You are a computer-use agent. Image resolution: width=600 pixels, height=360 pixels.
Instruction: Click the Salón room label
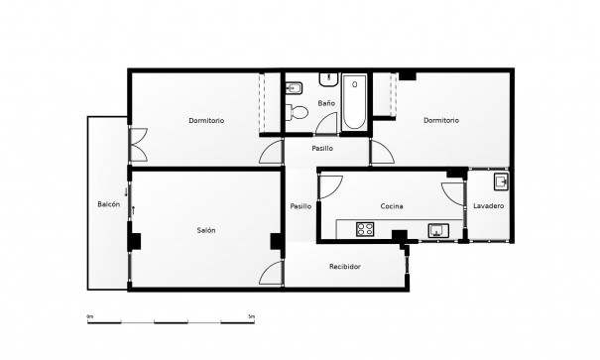(206, 231)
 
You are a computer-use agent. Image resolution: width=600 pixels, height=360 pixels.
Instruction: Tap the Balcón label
(109, 204)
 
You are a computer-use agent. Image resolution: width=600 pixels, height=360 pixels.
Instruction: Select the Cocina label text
(392, 206)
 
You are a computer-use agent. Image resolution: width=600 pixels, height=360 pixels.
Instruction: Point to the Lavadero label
(488, 205)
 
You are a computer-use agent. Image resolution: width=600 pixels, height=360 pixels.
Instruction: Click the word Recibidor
(345, 268)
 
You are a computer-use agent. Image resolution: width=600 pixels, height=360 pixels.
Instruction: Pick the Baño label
(326, 103)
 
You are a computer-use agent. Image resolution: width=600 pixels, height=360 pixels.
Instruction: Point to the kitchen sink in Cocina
(437, 230)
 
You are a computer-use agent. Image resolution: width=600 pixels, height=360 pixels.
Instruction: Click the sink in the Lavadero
(502, 181)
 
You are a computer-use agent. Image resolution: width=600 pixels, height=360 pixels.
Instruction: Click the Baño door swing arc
(326, 123)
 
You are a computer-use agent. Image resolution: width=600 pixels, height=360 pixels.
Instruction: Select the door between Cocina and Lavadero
(457, 194)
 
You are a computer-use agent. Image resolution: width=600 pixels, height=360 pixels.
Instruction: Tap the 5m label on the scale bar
(252, 316)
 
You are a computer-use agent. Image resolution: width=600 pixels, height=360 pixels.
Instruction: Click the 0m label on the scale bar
(90, 316)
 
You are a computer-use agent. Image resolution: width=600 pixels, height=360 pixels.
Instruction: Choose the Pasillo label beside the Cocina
(300, 206)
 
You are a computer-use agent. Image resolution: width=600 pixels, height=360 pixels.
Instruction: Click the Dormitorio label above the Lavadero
(440, 121)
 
